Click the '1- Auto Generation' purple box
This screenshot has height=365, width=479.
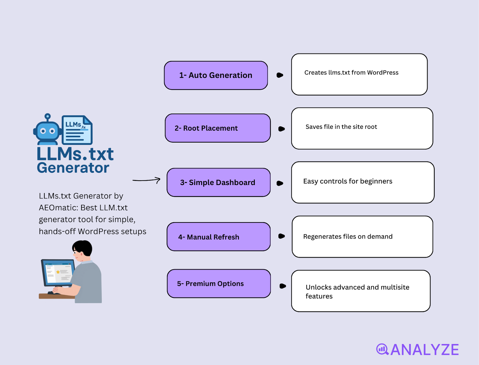[x=216, y=75]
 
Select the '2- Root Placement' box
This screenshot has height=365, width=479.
[x=218, y=128]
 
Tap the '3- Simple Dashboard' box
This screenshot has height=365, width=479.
[x=219, y=182]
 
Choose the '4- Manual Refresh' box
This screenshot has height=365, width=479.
[x=219, y=237]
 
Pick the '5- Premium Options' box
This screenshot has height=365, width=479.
[x=219, y=283]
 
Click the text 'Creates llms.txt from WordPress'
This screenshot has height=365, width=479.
[x=351, y=73]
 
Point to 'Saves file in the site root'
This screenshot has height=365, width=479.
[x=341, y=127]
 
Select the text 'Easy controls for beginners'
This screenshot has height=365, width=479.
[x=348, y=181]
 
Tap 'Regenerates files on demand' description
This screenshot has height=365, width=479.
[x=348, y=236]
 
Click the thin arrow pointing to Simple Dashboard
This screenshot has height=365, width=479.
[x=146, y=180]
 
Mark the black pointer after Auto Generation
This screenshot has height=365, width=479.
[x=280, y=75]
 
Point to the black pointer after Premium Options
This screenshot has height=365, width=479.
[x=283, y=286]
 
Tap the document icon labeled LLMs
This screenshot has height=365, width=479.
[x=77, y=130]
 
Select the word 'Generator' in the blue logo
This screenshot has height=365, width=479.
[x=73, y=168]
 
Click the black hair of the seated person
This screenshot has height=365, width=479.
[x=83, y=248]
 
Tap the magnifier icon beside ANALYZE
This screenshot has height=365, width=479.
[x=382, y=349]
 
